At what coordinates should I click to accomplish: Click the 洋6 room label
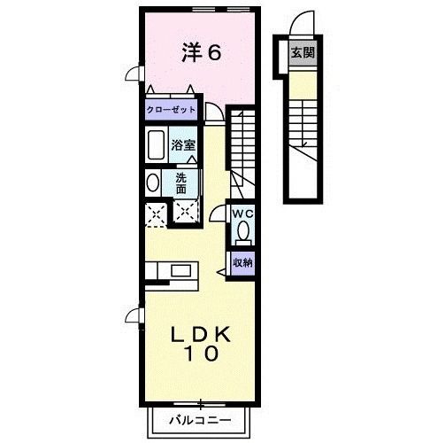pos(202,52)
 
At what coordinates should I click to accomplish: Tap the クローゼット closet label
pos(171,110)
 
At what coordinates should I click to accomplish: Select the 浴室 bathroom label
pos(183,145)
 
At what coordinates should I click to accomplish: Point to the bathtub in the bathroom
pos(156,144)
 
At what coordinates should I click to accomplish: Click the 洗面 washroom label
pos(180,183)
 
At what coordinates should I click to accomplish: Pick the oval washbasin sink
pos(152,183)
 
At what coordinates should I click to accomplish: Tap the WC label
pos(242,214)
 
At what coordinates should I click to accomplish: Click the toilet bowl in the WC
pos(243,230)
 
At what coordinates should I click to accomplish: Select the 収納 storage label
pos(243,262)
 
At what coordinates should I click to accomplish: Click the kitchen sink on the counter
pos(180,270)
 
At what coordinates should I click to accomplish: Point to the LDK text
pos(201,334)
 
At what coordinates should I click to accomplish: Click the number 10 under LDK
pos(202,354)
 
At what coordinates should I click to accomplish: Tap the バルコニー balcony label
pos(200,420)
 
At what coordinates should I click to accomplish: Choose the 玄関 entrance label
pos(303,53)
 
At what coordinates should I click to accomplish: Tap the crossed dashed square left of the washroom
pos(156,214)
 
